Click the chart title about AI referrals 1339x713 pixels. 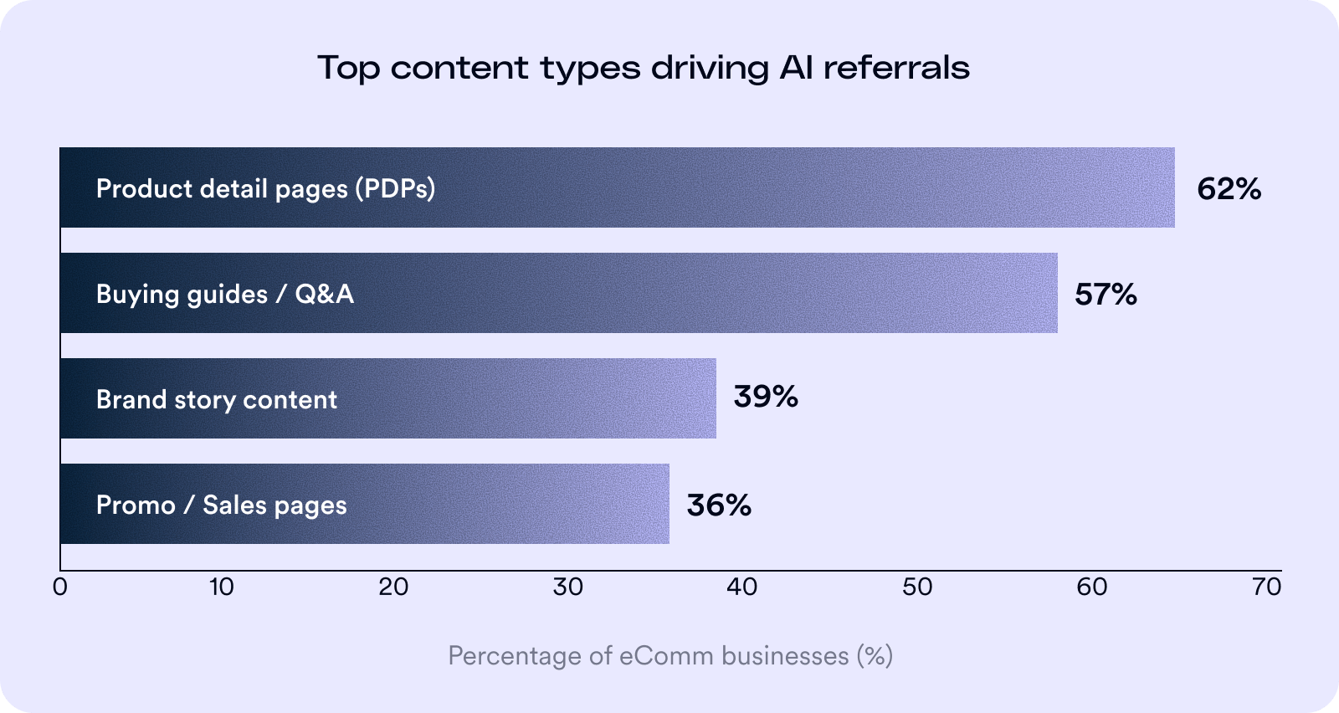click(x=644, y=68)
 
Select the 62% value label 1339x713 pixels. click(x=1229, y=189)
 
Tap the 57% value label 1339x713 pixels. click(x=1106, y=295)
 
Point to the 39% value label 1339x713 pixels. click(x=765, y=397)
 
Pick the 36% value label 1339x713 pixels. click(x=718, y=505)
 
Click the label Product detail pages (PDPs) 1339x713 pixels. click(x=265, y=189)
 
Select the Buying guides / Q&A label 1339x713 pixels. click(x=224, y=295)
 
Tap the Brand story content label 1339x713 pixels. click(x=216, y=400)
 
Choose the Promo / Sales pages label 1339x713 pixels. click(x=221, y=505)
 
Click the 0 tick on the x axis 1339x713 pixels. click(x=59, y=587)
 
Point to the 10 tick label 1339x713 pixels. click(x=221, y=587)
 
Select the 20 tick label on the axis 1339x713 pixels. click(x=393, y=587)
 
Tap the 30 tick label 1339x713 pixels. click(x=567, y=587)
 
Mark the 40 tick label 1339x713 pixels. click(x=741, y=587)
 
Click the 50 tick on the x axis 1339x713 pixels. click(x=917, y=587)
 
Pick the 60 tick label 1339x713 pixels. click(x=1092, y=587)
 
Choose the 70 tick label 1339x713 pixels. click(x=1266, y=587)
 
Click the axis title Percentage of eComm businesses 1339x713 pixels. click(x=669, y=655)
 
